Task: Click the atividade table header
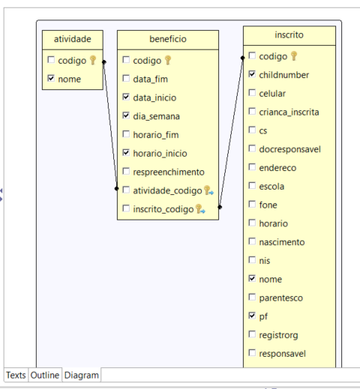(x=73, y=39)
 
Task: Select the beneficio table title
(x=168, y=39)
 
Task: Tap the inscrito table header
(x=289, y=35)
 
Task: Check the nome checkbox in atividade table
(x=51, y=78)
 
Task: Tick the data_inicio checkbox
(x=126, y=97)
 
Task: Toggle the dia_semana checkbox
(x=126, y=115)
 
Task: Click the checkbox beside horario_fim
(x=126, y=134)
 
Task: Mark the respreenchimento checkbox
(x=126, y=171)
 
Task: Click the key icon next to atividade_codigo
(x=208, y=190)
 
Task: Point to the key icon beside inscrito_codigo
(x=200, y=209)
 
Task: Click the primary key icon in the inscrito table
(x=294, y=55)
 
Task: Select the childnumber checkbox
(x=252, y=74)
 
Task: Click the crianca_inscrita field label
(x=289, y=112)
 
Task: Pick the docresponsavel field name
(x=290, y=149)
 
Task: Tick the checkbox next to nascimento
(x=252, y=241)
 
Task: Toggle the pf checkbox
(x=252, y=316)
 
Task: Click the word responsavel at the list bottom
(x=283, y=354)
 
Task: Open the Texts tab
(x=16, y=375)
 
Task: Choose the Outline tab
(x=45, y=375)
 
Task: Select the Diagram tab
(x=82, y=375)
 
